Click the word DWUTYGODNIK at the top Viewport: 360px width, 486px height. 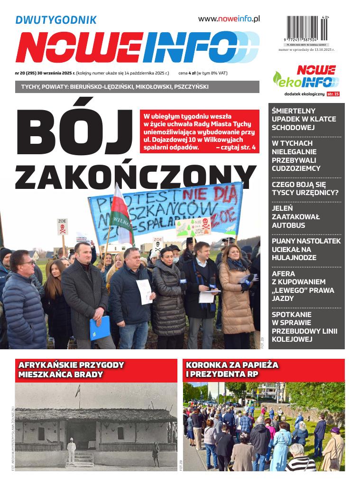click(56, 20)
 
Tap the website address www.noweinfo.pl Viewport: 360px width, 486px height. click(229, 19)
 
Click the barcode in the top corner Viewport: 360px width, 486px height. click(308, 28)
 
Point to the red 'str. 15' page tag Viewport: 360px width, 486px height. click(333, 94)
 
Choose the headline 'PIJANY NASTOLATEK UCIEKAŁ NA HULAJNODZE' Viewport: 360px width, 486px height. click(306, 249)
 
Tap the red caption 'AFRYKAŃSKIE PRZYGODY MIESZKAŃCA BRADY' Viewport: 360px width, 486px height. click(71, 369)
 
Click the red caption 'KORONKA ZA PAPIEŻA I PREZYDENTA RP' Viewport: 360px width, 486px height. click(232, 369)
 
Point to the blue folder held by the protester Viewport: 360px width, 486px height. click(100, 328)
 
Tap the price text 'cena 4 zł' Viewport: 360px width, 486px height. click(187, 74)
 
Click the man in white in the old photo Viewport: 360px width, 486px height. click(71, 451)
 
